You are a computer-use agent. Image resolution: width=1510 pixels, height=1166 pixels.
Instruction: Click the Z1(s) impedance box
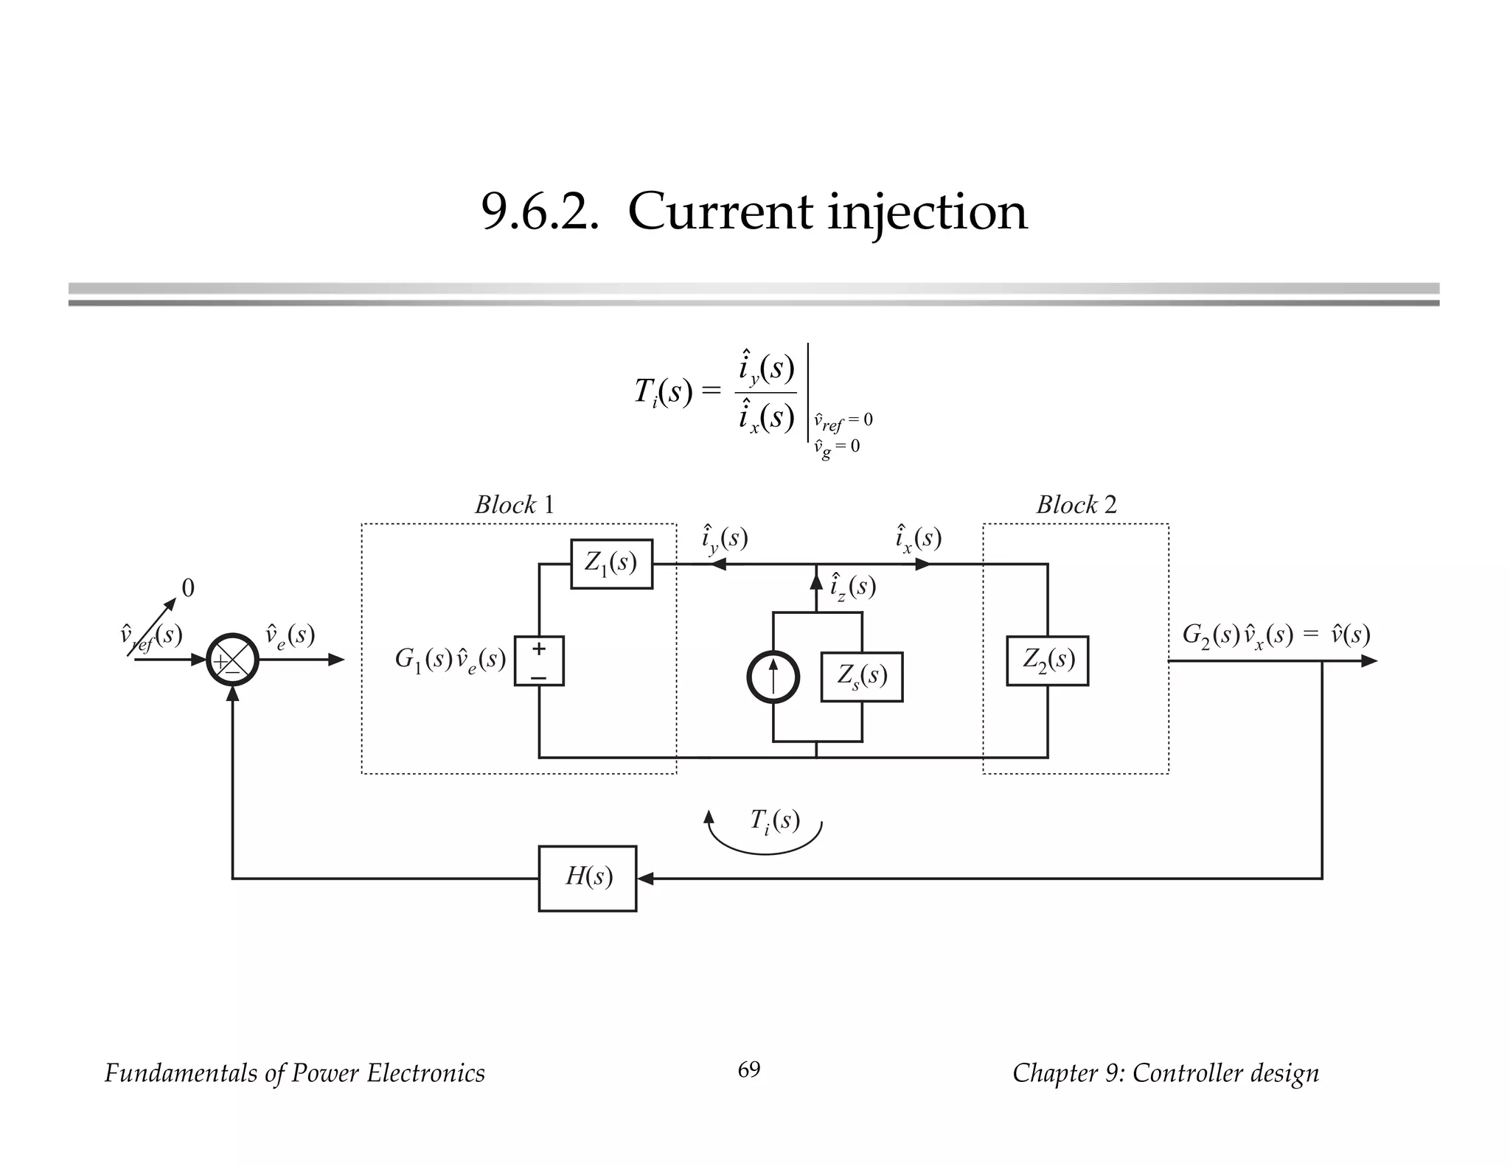pos(611,564)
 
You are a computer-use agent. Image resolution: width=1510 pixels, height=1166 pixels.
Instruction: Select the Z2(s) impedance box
pos(1047,660)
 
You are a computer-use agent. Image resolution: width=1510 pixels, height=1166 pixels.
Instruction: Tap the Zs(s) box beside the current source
pos(861,676)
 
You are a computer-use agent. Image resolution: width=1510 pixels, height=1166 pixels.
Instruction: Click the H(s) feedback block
pos(587,878)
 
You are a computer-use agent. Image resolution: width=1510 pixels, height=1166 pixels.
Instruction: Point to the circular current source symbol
pos(773,677)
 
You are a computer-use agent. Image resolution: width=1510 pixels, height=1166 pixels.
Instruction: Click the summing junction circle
pos(232,660)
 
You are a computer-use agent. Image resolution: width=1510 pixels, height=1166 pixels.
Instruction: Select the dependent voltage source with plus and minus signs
pos(539,660)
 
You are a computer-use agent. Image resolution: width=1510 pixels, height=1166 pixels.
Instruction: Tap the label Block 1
pos(514,505)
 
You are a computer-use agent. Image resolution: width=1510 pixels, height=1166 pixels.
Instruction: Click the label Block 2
pos(1076,505)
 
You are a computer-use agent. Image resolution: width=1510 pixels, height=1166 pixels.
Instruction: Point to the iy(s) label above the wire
pos(724,539)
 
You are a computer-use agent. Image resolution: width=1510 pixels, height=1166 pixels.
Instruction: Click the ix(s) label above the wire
pos(918,539)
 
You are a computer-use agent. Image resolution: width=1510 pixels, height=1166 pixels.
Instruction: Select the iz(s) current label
pos(853,587)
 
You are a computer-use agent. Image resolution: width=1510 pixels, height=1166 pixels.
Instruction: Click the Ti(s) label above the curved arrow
pos(774,820)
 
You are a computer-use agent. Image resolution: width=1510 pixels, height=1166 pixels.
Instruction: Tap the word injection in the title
pos(927,212)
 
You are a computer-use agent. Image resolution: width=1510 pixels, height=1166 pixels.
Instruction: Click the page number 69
pos(748,1069)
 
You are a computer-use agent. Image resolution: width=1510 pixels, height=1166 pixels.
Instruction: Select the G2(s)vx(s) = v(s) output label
pos(1276,635)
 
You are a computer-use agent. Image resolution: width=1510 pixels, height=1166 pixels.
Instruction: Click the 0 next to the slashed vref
pos(188,588)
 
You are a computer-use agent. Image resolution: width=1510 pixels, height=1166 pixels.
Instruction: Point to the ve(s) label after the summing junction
pos(290,635)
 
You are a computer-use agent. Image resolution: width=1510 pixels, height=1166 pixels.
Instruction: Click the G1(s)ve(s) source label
pos(450,660)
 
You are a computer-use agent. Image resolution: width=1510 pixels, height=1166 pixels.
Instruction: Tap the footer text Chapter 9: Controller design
pos(1165,1073)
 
